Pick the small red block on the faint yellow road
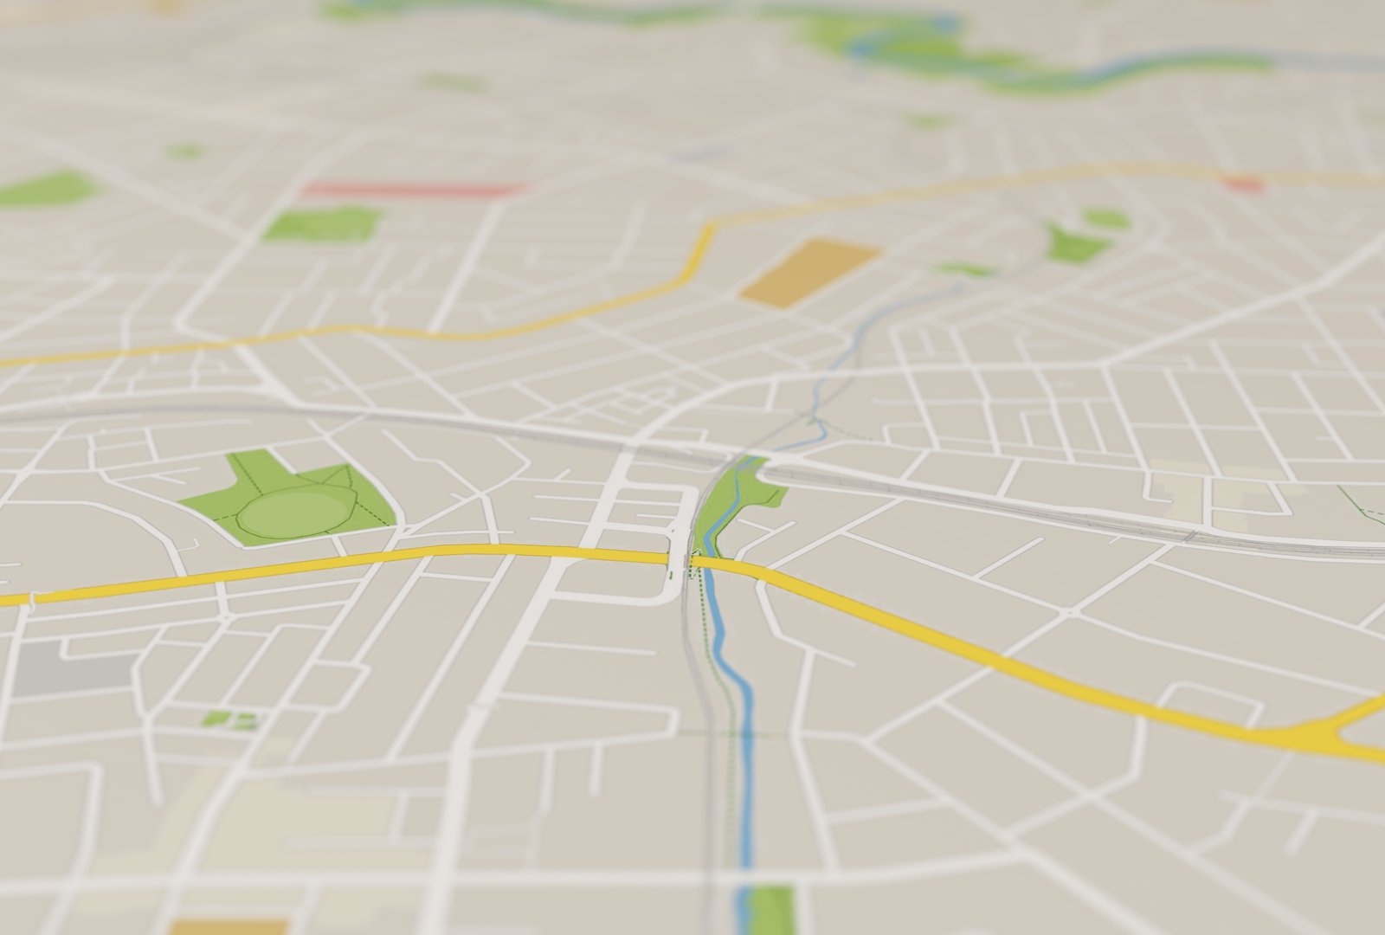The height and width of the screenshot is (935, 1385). [x=1243, y=184]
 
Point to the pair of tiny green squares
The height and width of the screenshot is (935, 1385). [x=229, y=719]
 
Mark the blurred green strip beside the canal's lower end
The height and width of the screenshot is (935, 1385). [x=772, y=909]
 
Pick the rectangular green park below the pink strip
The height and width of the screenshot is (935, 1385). [x=320, y=224]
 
